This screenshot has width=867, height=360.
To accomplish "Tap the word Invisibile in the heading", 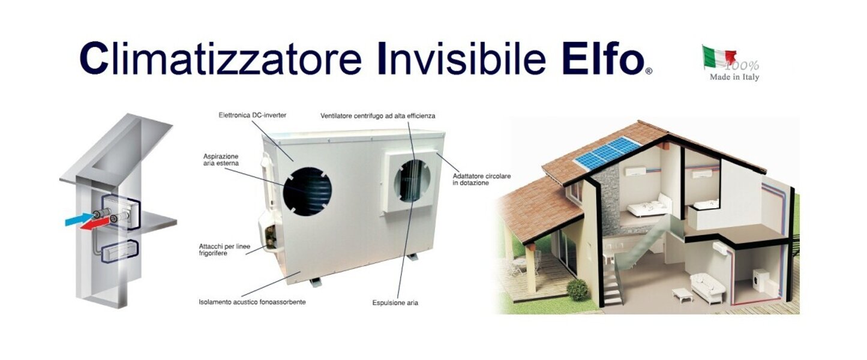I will [461, 58].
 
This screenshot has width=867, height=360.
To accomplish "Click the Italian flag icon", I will [719, 57].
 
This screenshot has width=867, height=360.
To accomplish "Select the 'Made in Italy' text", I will [734, 77].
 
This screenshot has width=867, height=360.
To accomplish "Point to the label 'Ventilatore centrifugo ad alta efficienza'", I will [377, 115].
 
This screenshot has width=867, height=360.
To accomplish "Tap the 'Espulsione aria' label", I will [395, 303].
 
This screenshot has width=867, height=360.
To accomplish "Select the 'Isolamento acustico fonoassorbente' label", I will [252, 302].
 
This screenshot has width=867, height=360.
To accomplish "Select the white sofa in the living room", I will [708, 287].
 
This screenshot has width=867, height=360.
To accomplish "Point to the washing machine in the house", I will [758, 280].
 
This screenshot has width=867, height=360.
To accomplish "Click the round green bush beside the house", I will [577, 290].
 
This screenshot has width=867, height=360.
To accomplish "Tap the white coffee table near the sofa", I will [682, 295].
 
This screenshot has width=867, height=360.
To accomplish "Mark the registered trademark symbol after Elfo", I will [648, 71].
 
